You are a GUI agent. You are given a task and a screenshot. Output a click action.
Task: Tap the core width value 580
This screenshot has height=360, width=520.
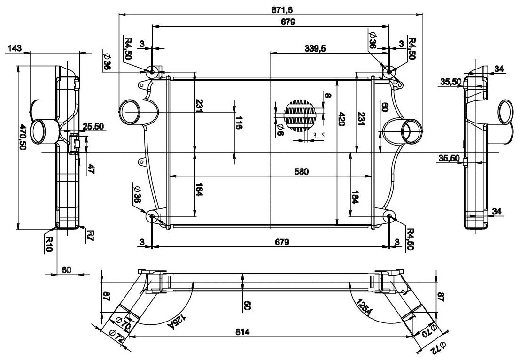coord(302,171)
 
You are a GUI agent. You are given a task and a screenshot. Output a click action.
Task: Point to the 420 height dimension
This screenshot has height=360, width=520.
coord(342,119)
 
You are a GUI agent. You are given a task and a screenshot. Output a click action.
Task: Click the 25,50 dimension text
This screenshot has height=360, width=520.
coord(93,126)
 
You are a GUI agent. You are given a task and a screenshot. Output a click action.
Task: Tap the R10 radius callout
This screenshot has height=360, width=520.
coord(48,243)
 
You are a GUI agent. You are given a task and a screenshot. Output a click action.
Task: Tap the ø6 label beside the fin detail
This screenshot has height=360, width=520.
coord(280,130)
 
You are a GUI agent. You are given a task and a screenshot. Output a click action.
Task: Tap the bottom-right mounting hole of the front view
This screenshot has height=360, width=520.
coord(391,216)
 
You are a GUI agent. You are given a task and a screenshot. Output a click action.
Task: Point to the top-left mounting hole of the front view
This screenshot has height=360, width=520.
coord(152,72)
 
